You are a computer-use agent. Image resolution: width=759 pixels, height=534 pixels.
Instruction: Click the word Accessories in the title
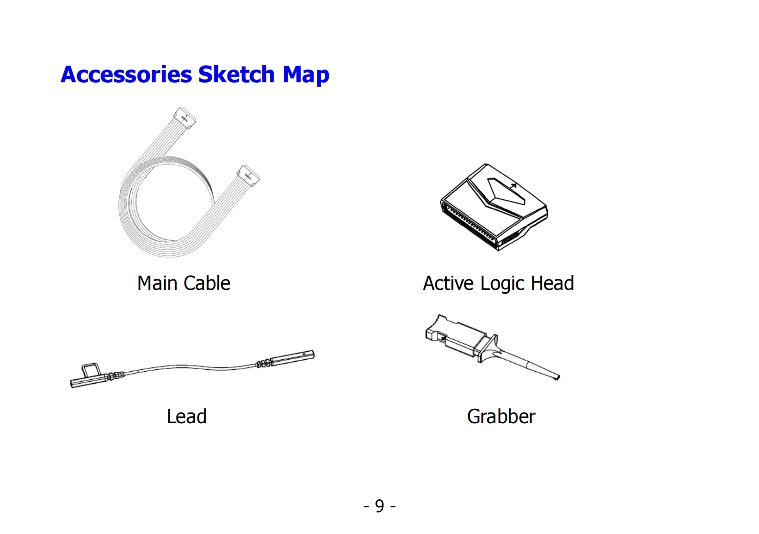coord(126,75)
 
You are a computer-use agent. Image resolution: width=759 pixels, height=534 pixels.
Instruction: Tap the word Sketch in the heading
coord(237,75)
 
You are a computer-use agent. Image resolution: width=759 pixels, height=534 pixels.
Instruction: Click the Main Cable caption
coord(184,283)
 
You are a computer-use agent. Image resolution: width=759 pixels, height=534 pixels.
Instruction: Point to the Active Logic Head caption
coord(498,284)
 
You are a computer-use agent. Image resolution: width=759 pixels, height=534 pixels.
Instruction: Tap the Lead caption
coord(187,416)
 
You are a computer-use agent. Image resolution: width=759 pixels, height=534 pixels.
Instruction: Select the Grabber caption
coord(501,416)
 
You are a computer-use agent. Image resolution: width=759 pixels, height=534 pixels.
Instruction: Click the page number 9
coord(379,505)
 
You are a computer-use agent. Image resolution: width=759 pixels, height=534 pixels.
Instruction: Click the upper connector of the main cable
coord(185,117)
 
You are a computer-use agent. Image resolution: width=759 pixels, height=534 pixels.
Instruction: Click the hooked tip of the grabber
coord(555,377)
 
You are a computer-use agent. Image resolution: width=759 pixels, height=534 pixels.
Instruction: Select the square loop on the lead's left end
coord(90,370)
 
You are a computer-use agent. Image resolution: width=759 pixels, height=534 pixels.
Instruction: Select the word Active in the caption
coord(448,283)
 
